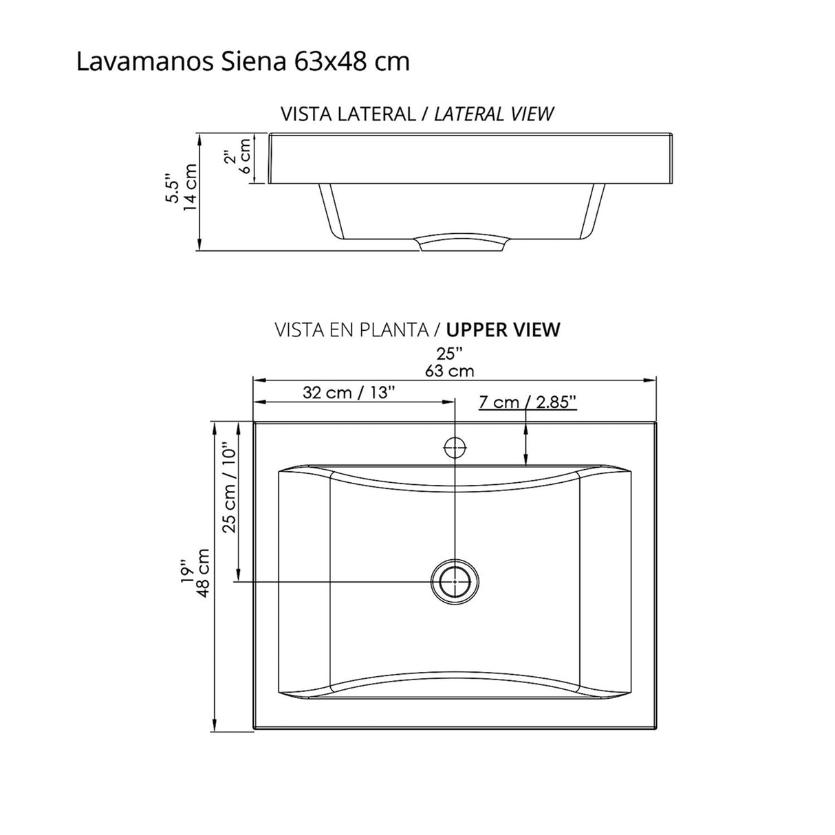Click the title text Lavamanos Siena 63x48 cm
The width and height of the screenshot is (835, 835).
tap(243, 62)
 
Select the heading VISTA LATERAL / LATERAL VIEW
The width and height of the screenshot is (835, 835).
tap(417, 113)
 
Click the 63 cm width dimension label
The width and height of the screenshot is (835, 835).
tap(449, 371)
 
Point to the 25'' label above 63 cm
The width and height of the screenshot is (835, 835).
tap(449, 354)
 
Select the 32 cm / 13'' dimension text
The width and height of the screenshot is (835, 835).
tap(349, 393)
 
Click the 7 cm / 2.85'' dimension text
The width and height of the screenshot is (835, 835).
tap(528, 402)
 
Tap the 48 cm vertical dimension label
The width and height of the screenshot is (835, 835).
tap(203, 573)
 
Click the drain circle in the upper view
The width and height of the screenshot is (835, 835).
tap(454, 581)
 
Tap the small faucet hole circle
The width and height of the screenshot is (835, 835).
tap(455, 448)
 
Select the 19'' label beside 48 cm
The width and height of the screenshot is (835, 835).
tap(184, 573)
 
